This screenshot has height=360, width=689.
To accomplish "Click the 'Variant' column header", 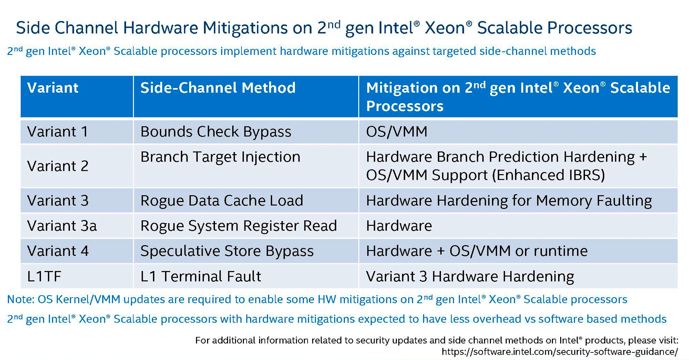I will (53, 88).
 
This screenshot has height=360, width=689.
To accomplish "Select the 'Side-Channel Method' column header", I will (218, 88).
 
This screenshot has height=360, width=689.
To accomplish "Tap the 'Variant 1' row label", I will (57, 132).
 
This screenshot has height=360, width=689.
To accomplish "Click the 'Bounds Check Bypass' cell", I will (216, 132).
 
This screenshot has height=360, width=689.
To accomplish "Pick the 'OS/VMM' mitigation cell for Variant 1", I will (397, 132).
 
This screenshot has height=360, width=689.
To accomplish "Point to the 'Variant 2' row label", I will (57, 166).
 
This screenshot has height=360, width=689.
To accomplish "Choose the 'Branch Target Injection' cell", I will (220, 157).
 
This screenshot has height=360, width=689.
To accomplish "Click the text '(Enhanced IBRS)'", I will (548, 175).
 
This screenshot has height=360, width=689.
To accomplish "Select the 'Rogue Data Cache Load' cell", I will (221, 201).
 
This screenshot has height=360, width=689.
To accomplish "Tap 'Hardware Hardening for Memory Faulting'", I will (508, 201).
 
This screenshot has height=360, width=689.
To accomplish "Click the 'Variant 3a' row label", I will (62, 226).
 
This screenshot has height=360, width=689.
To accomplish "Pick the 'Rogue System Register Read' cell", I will (238, 226).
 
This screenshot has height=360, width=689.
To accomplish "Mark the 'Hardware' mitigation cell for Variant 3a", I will (399, 226).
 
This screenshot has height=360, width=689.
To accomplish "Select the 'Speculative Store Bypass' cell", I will (227, 251).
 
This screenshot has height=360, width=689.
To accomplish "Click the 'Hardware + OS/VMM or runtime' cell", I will (477, 251).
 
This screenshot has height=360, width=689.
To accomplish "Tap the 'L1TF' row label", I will (44, 276).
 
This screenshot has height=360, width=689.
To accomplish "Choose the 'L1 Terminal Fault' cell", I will (201, 276).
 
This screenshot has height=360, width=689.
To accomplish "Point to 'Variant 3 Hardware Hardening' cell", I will (470, 276).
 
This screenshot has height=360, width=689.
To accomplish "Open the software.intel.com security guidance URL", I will (560, 352).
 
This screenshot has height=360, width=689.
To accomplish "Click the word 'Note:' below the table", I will (20, 299).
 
